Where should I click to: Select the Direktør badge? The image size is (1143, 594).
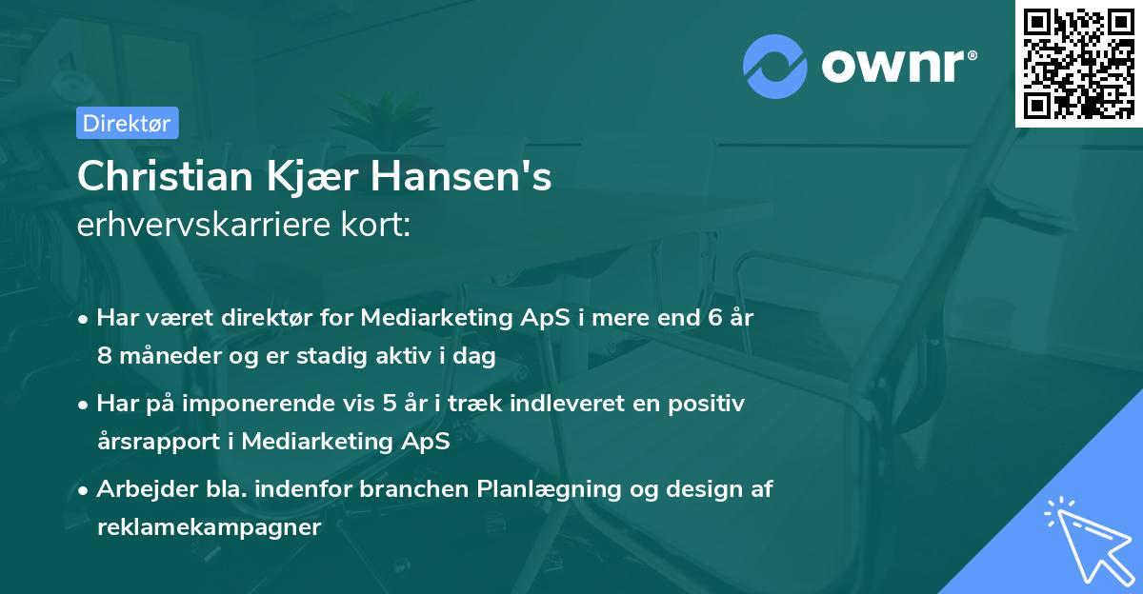[127, 124]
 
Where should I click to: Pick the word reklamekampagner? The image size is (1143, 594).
[209, 527]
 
